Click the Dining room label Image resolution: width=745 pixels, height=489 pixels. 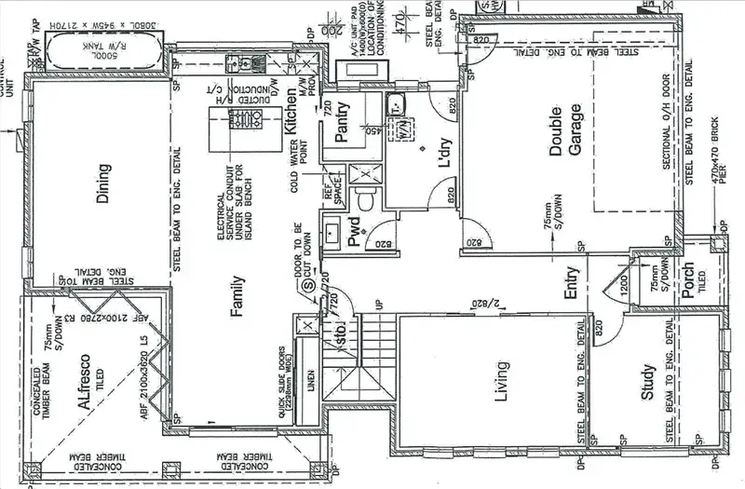coord(103,182)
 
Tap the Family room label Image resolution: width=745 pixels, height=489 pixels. coord(237,297)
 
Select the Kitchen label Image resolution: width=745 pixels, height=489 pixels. coord(291,111)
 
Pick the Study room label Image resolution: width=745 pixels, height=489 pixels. coord(648,382)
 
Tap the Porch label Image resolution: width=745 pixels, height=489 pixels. coord(688,280)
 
